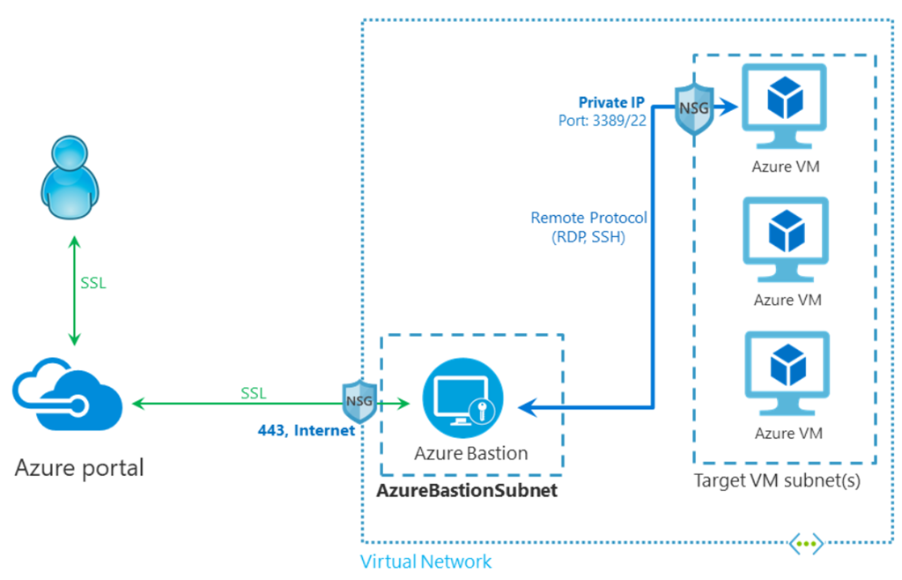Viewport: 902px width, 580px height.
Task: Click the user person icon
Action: click(70, 177)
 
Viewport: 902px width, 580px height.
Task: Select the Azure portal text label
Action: click(79, 466)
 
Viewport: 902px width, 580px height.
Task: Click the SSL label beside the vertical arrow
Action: click(92, 284)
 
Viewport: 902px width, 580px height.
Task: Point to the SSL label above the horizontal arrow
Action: click(254, 392)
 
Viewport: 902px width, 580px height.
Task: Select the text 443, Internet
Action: click(307, 430)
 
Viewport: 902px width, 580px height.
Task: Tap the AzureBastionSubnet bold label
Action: click(467, 491)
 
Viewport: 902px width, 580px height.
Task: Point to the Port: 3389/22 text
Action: click(603, 121)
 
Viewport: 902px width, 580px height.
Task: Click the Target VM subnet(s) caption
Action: click(777, 481)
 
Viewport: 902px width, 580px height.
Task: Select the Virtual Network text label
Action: click(426, 561)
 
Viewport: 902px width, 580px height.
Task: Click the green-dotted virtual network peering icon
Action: click(805, 543)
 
